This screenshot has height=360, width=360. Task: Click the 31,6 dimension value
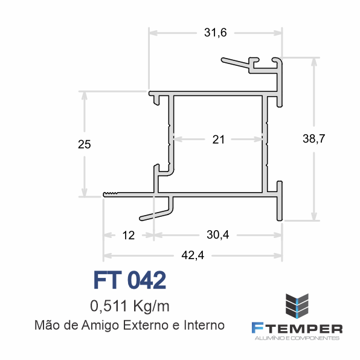point(216,33)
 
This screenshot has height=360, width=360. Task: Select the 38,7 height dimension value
point(314,139)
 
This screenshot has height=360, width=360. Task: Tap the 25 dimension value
point(84,144)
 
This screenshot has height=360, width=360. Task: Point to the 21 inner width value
point(218,140)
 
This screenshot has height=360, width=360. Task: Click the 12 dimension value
point(128,236)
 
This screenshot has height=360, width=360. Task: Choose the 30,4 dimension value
point(217,235)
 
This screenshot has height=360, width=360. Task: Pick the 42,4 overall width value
point(193,256)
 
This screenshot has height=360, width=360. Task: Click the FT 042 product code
point(130,280)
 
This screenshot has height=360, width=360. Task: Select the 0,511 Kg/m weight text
point(130,306)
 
